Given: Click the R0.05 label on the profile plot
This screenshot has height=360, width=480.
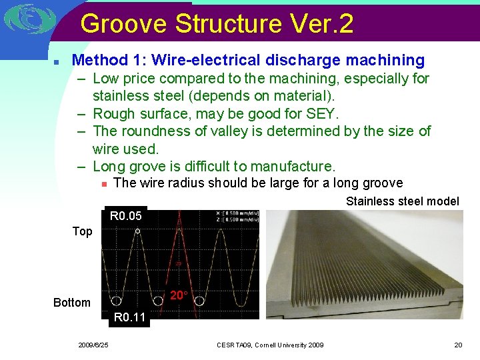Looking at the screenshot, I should pyautogui.click(x=126, y=216).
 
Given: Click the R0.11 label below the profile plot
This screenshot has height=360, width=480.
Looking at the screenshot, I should pyautogui.click(x=129, y=317).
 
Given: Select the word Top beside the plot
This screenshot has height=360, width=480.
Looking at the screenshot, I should pyautogui.click(x=82, y=231).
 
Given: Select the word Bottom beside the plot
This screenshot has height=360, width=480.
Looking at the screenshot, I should pyautogui.click(x=72, y=303).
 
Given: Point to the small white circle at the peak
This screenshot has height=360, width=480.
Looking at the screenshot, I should pyautogui.click(x=137, y=231).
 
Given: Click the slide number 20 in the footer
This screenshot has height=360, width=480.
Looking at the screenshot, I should pyautogui.click(x=458, y=345).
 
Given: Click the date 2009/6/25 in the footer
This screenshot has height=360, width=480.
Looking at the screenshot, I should pyautogui.click(x=93, y=345).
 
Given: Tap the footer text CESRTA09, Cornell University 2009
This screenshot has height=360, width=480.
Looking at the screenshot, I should pyautogui.click(x=270, y=345).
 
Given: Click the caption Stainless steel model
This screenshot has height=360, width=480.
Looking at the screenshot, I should pyautogui.click(x=402, y=201).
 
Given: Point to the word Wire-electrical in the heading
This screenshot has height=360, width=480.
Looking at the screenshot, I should pyautogui.click(x=206, y=60).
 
